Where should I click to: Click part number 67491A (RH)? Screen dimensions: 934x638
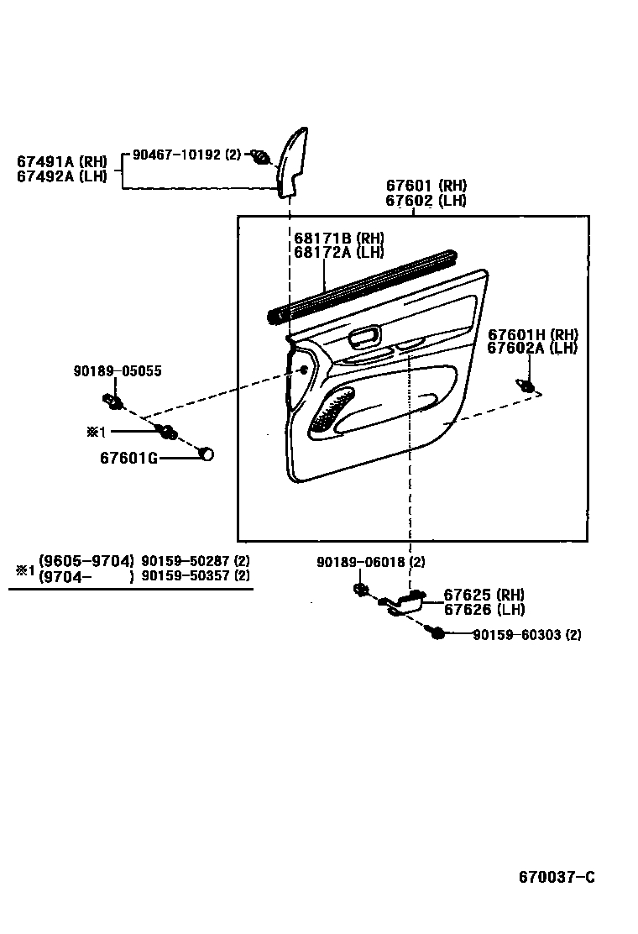[x=62, y=161]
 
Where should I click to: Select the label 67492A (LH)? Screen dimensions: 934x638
[x=62, y=176]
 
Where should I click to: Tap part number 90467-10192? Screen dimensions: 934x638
[x=176, y=155]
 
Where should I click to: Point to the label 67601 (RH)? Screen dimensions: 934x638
[x=426, y=186]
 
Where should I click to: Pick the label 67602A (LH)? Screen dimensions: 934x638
[x=532, y=348]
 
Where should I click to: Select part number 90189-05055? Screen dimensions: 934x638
[x=118, y=370]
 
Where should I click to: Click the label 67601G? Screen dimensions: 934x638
[x=128, y=458]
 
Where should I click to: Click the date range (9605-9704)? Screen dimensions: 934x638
[x=86, y=561]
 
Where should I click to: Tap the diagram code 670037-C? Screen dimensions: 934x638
[x=556, y=877]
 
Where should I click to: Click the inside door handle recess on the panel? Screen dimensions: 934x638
[x=363, y=338]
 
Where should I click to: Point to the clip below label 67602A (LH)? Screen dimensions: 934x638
[x=527, y=386]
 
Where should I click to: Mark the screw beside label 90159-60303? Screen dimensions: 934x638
[x=435, y=633]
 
